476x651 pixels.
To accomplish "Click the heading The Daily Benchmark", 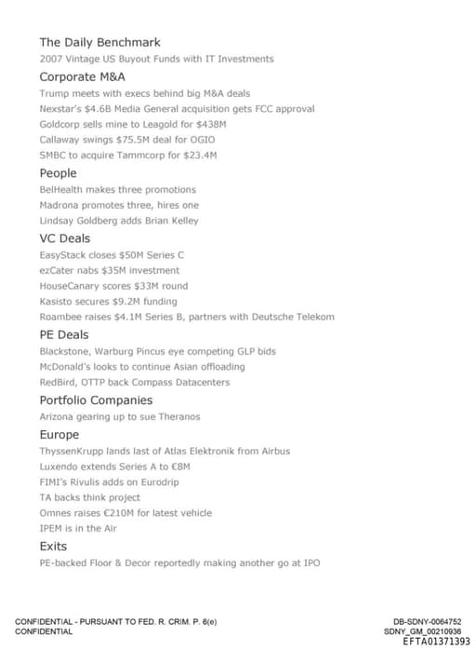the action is tap(99, 42).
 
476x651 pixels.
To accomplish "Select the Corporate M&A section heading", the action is tap(82, 77).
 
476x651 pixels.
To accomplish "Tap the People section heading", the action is tap(58, 173).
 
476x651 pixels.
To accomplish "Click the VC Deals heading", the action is tap(64, 238).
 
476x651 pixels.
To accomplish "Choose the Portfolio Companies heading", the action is tap(97, 400).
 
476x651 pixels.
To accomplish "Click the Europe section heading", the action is tap(59, 435).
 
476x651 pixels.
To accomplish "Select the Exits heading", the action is tap(53, 546).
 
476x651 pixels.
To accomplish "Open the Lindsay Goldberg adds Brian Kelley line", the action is tap(119, 221).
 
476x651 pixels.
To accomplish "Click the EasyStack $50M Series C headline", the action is tap(112, 254).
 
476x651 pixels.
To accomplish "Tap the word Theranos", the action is tap(178, 417).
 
